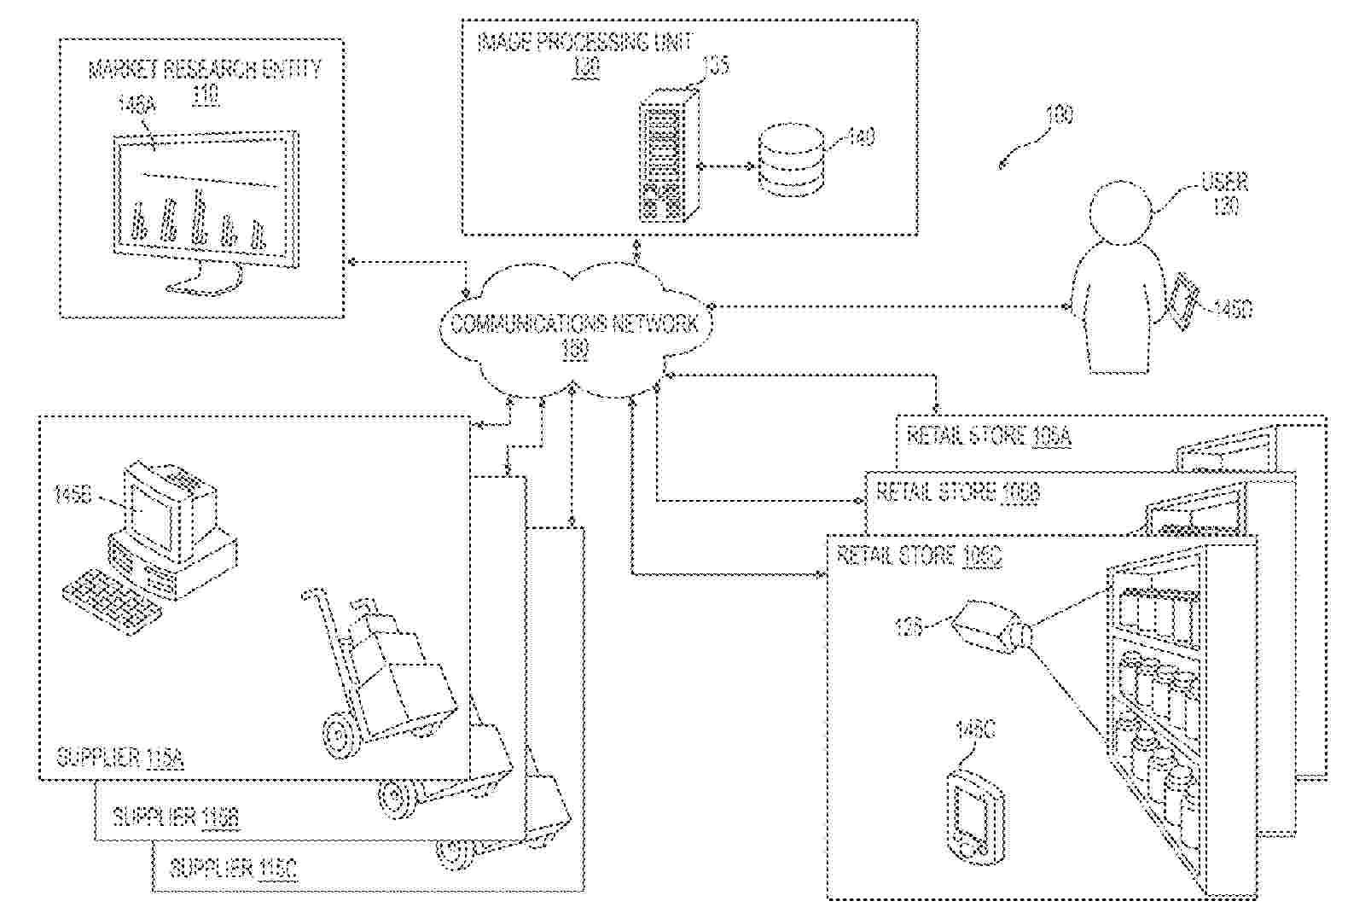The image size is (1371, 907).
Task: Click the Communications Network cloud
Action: click(x=573, y=328)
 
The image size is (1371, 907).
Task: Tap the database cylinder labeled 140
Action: click(x=791, y=161)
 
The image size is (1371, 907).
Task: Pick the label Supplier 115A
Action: click(x=119, y=757)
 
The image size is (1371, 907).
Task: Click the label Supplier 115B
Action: click(x=175, y=817)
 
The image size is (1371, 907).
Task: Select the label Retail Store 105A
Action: click(x=988, y=436)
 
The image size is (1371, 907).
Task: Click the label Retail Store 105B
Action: click(x=957, y=492)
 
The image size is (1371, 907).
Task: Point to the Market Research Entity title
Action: click(x=205, y=70)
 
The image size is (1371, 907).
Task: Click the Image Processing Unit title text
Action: click(x=584, y=42)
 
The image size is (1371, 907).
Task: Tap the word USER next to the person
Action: click(x=1224, y=182)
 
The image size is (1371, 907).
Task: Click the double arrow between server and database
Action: click(x=728, y=166)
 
